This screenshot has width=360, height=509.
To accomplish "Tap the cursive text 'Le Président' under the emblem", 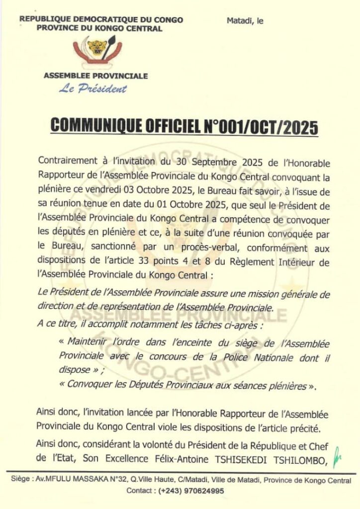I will [x=93, y=89].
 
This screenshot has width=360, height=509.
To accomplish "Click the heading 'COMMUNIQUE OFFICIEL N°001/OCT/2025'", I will [x=185, y=127].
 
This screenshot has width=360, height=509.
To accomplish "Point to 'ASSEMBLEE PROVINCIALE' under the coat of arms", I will [x=96, y=76].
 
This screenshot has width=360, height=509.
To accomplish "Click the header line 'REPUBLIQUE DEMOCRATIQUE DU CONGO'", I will [x=101, y=20].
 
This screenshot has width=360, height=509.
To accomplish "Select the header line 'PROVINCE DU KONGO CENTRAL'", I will [x=99, y=28].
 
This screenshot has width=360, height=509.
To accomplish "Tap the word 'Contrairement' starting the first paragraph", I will [x=65, y=163].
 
